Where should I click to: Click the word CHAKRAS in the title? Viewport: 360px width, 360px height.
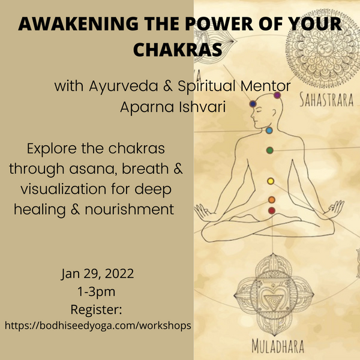tap(178, 49)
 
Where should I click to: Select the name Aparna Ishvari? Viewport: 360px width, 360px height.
tap(173, 107)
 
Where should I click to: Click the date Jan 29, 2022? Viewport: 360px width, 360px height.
tap(97, 274)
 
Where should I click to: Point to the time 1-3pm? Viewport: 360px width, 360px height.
tap(97, 292)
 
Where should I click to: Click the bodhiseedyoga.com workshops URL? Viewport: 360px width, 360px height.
tap(98, 326)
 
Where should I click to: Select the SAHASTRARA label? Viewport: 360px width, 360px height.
tap(326, 100)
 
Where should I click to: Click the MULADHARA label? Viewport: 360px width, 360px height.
tap(278, 346)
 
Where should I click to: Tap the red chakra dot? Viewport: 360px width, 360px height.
tap(272, 211)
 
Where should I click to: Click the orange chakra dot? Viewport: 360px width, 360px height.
tap(272, 200)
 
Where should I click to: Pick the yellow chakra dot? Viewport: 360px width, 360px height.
tap(271, 181)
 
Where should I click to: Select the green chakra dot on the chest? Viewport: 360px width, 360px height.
tap(270, 151)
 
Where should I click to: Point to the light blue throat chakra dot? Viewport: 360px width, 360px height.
tap(269, 130)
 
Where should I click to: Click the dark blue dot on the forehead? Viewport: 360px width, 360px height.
tap(253, 104)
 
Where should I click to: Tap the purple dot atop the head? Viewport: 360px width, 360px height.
tap(277, 95)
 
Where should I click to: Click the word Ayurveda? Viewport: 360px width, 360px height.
tap(123, 86)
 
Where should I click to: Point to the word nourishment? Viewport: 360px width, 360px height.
tap(130, 209)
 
